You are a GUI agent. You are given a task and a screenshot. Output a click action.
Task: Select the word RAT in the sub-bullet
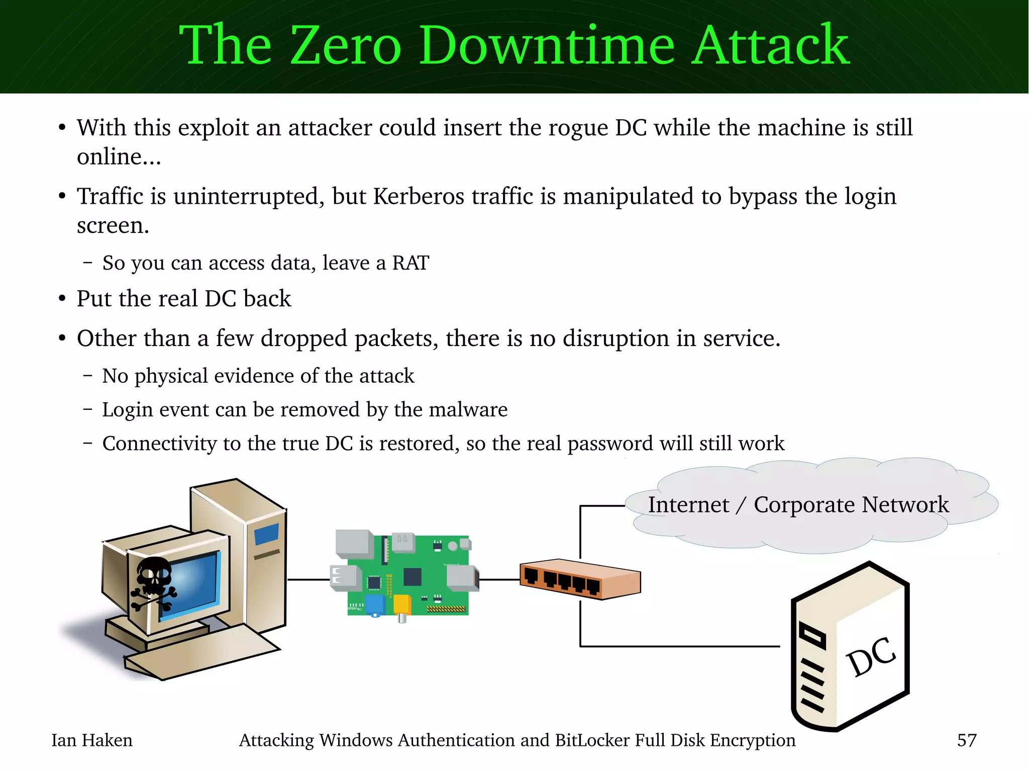pyautogui.click(x=410, y=263)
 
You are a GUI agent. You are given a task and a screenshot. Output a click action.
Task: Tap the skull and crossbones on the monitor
pyautogui.click(x=153, y=583)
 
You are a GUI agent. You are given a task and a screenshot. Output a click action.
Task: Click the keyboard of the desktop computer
pyautogui.click(x=201, y=651)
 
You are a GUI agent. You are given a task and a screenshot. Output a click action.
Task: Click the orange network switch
pyautogui.click(x=580, y=578)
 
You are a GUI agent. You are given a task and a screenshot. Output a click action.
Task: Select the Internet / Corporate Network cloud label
pyautogui.click(x=798, y=505)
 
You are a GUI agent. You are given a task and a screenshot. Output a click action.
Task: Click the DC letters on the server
pyautogui.click(x=871, y=656)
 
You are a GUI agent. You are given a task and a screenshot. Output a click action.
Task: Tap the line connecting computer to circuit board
pyautogui.click(x=308, y=580)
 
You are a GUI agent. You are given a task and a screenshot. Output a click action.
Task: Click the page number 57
pyautogui.click(x=967, y=740)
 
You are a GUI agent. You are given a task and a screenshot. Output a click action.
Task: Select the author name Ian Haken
pyautogui.click(x=92, y=740)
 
